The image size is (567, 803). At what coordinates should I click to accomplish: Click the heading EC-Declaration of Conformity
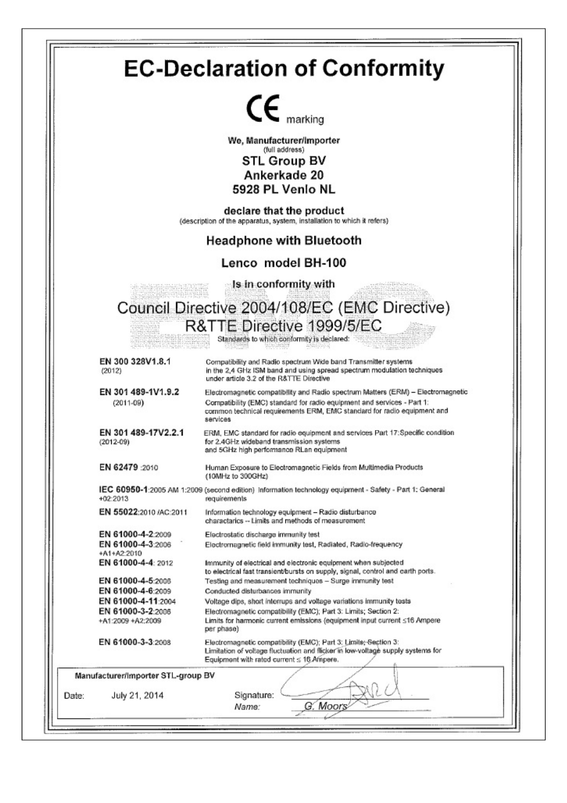tap(283, 69)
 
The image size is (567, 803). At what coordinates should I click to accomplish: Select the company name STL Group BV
tap(283, 161)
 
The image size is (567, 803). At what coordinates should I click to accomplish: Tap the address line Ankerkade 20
tap(283, 175)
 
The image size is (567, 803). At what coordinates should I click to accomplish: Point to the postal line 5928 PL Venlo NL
tap(283, 190)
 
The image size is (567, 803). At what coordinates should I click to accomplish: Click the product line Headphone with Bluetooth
tap(283, 241)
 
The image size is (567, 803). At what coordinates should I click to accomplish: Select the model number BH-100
tap(322, 263)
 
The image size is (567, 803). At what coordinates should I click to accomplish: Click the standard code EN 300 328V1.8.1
tap(135, 361)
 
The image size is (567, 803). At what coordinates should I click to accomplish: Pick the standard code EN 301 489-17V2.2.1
tap(141, 433)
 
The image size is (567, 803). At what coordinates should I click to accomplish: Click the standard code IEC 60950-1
tap(123, 490)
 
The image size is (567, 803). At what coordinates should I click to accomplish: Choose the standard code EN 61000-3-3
tap(125, 642)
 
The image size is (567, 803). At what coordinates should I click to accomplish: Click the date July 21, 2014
tap(137, 695)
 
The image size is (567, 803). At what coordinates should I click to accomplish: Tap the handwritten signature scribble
tap(363, 690)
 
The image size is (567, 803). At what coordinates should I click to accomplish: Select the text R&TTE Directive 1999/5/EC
tap(283, 326)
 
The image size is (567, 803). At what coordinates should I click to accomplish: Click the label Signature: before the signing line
tap(254, 695)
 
